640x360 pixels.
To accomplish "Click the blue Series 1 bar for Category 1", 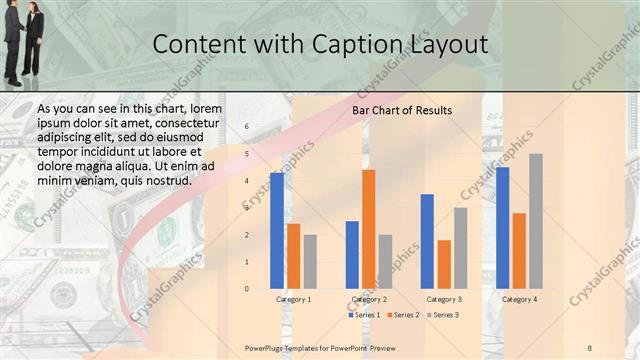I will pos(276,231).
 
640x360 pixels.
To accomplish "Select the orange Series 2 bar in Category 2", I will pos(369,229).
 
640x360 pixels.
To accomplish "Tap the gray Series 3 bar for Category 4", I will pos(536,221).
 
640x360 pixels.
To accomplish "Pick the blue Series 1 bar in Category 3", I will pos(427,241).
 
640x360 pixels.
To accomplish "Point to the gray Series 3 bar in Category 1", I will pos(310,262).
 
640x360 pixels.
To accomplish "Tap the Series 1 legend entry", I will pos(365,315).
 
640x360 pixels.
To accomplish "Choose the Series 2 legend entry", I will pos(402,315).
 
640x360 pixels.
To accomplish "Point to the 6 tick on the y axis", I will pos(247,127).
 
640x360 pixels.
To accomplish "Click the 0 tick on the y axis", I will pos(247,289).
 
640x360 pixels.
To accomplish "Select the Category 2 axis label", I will pos(369,299).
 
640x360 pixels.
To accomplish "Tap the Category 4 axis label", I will pos(519,299).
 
